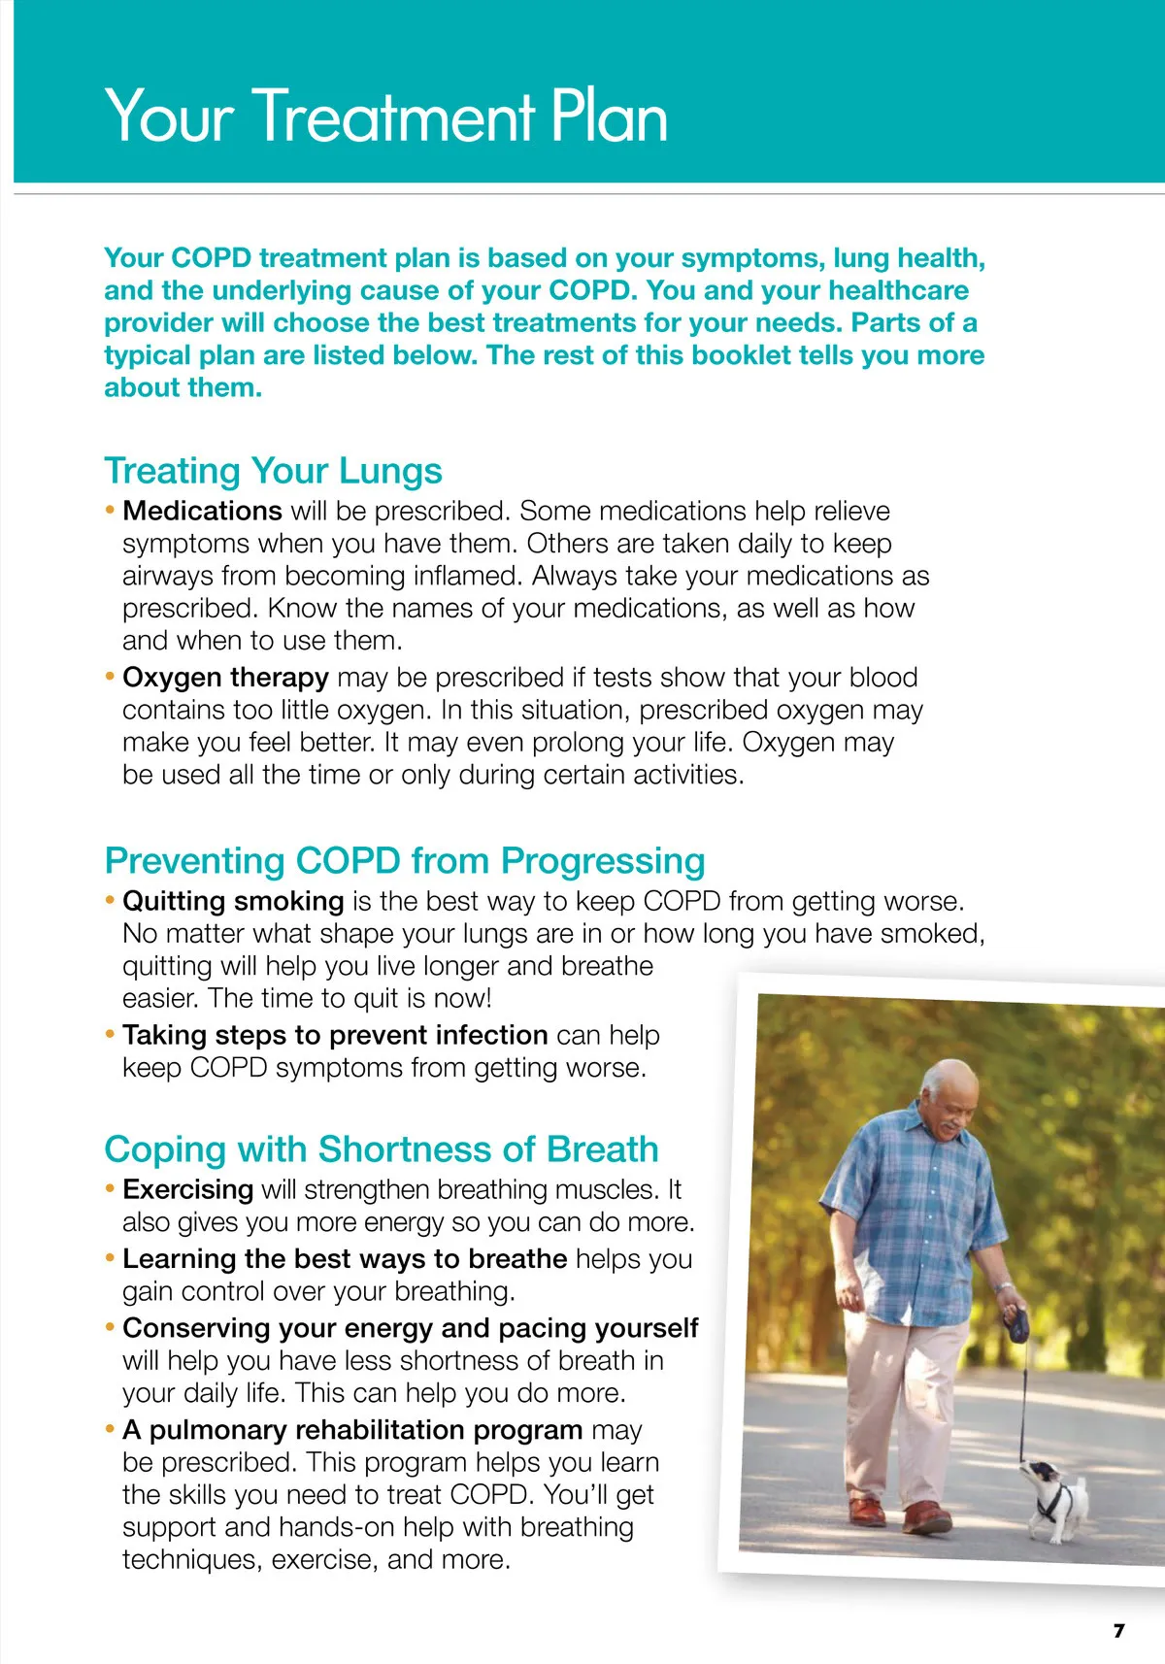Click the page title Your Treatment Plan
point(385,116)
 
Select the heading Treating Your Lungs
point(273,471)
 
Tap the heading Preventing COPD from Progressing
point(404,861)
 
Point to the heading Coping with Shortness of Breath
point(381,1149)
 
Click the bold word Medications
point(202,511)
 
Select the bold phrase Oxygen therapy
point(225,677)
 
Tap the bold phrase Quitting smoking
point(233,901)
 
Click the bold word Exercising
point(187,1189)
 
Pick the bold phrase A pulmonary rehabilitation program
point(352,1430)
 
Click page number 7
point(1118,1630)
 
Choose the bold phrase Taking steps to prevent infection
point(335,1035)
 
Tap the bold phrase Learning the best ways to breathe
point(345,1259)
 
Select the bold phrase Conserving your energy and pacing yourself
point(410,1328)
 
